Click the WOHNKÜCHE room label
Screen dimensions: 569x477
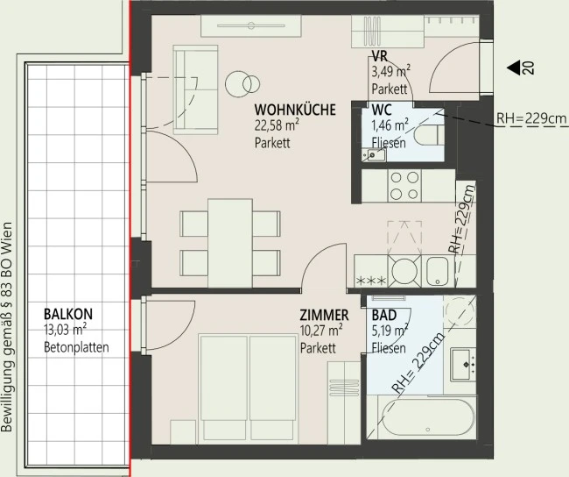tap(295, 110)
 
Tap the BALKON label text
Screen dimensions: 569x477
tap(68, 314)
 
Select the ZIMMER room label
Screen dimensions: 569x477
tap(324, 315)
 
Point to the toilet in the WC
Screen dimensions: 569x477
tap(429, 135)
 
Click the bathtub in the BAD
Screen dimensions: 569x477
tap(428, 417)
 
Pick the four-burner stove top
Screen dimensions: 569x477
tap(404, 185)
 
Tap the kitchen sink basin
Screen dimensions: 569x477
tap(438, 271)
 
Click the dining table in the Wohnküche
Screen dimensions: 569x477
tap(230, 243)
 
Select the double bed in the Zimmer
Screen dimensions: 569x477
tap(249, 388)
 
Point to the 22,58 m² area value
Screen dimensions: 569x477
tap(277, 125)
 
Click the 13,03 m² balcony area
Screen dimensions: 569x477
tap(65, 331)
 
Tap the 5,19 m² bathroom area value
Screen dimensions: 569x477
tap(389, 331)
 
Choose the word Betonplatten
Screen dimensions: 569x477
tap(76, 347)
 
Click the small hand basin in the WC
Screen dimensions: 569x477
tap(374, 155)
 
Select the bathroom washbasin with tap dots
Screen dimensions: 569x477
tap(463, 364)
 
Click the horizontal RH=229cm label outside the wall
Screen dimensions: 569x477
tap(531, 118)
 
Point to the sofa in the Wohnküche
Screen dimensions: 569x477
tap(196, 89)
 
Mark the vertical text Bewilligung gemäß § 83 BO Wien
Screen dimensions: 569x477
tap(7, 327)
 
